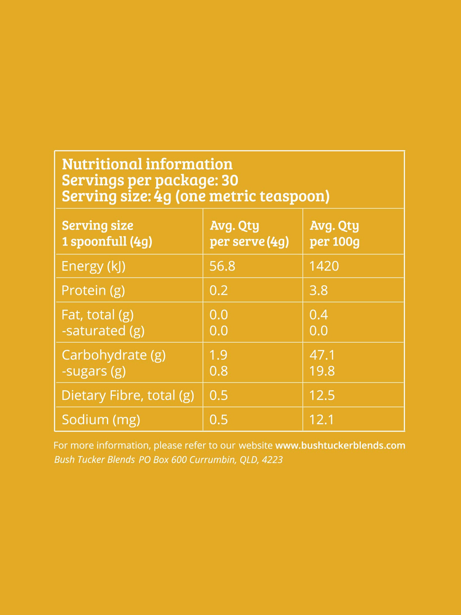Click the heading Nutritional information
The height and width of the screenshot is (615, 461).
point(147,164)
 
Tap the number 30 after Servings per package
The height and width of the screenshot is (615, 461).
point(230,180)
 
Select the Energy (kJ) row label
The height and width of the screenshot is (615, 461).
point(93,266)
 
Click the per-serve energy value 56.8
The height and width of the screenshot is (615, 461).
point(222,266)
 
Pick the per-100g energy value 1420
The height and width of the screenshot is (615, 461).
point(324,266)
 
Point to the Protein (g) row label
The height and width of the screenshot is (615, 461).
point(93,290)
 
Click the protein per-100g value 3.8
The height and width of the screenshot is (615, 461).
point(318,290)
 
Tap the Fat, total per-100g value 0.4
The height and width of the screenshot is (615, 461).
point(318,315)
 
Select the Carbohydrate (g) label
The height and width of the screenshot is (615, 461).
point(113,355)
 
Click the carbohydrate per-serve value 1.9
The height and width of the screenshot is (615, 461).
point(218,355)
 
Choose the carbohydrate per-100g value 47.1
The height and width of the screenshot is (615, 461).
point(322,355)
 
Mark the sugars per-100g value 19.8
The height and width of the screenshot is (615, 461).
point(322,371)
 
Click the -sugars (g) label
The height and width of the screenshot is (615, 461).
point(94,371)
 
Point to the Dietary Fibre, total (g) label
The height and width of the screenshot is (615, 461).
point(128,395)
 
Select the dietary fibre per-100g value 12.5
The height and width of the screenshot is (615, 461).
point(322,395)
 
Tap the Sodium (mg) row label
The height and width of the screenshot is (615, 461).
point(101,419)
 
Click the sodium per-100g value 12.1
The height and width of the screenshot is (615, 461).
point(322,419)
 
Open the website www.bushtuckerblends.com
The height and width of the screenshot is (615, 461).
point(340,445)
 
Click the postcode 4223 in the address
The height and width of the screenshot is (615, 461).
point(272,460)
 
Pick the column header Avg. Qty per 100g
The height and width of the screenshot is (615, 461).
point(334,233)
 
